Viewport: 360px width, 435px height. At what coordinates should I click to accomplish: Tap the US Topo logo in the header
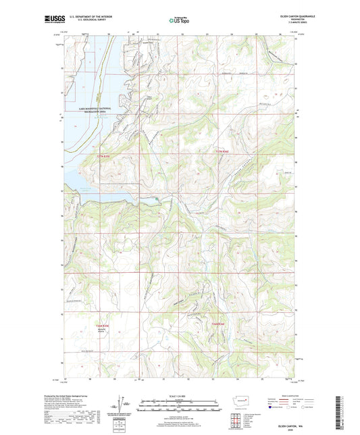pyautogui.click(x=179, y=20)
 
